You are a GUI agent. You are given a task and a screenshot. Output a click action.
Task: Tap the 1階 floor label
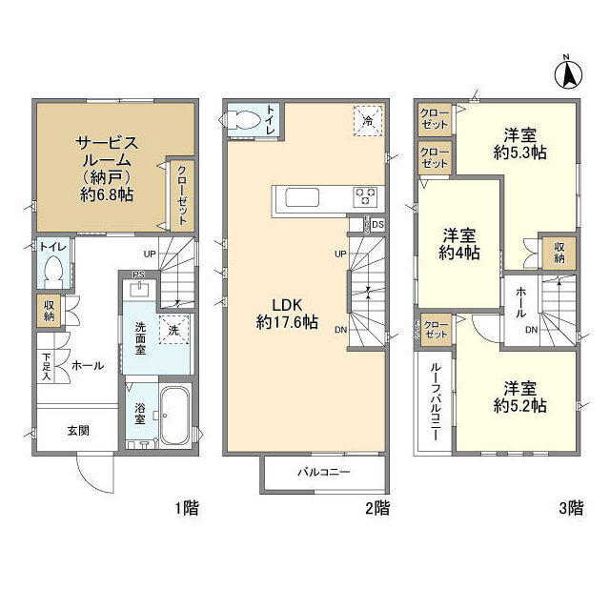coord(187,508)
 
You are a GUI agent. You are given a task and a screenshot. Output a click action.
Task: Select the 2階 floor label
coord(376,508)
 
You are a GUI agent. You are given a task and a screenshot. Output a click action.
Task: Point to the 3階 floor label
coord(569,508)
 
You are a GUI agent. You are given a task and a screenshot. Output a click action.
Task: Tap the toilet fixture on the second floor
coord(240,120)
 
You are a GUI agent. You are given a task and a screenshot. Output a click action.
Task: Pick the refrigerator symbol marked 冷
coord(367,121)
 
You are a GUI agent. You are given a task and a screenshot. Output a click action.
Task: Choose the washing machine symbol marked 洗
coord(173,329)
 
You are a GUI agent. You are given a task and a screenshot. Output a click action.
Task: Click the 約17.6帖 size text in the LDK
coord(286,322)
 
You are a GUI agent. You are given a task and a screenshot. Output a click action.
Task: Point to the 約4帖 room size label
coord(458,253)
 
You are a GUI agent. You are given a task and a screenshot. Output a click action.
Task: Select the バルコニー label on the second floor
coord(324,472)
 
